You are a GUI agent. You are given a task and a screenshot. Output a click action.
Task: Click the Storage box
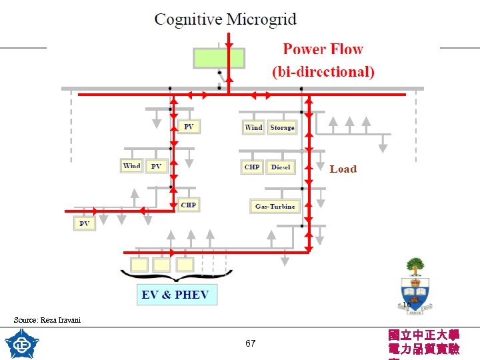[x=282, y=127]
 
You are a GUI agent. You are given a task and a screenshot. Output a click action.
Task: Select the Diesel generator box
[x=281, y=167]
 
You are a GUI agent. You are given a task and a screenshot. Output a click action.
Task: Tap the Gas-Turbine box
[x=275, y=206]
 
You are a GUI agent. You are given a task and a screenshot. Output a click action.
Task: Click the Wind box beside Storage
[x=253, y=127]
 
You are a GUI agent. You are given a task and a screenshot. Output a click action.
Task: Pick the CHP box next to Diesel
[x=252, y=167]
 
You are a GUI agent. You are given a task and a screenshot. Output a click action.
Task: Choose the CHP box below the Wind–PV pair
[x=188, y=205]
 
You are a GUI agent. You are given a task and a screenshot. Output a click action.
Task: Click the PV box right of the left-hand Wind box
[x=156, y=166]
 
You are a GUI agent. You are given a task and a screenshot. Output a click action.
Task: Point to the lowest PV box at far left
[x=84, y=223]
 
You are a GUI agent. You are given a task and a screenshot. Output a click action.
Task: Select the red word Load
[x=343, y=169]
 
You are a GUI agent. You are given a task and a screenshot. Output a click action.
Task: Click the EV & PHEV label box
[x=177, y=295]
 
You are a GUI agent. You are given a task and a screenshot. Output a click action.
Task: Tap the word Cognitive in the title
[x=189, y=19]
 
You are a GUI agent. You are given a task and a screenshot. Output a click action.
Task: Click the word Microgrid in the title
[x=261, y=19]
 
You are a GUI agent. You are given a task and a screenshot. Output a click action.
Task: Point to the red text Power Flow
[x=323, y=49]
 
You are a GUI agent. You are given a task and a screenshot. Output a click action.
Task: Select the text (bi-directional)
[x=323, y=71]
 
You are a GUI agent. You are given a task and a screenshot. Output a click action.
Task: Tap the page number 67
[x=250, y=344]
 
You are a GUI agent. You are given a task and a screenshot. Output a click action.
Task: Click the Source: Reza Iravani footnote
[x=47, y=320]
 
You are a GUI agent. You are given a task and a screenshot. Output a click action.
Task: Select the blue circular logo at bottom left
[x=22, y=344]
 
